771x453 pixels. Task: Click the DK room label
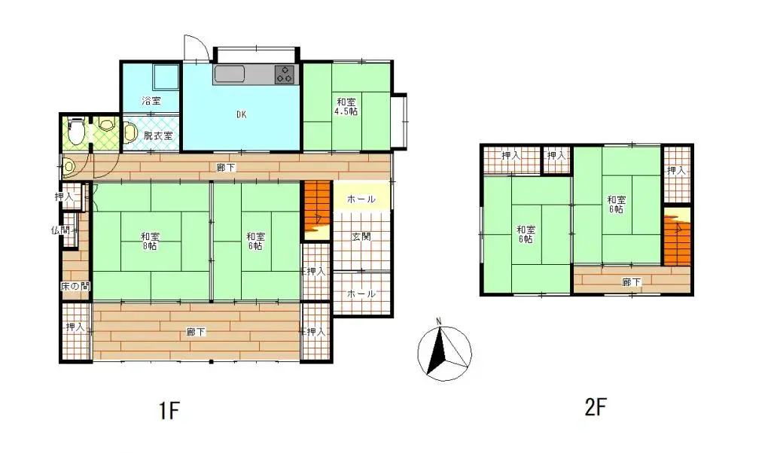coord(241,115)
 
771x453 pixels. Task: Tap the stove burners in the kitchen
coord(285,74)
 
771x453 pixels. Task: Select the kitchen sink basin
coord(229,74)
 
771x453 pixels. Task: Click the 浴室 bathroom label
coord(151,100)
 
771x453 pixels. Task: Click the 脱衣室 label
coord(158,135)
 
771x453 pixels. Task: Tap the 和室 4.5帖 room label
coord(346,106)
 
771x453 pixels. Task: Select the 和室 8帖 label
coord(150,241)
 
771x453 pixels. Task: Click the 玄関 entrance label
coord(361,236)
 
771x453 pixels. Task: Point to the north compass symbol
coord(444,351)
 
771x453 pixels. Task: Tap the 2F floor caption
coord(595,408)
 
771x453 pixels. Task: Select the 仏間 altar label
coord(60,230)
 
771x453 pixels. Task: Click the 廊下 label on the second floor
coord(631,282)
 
